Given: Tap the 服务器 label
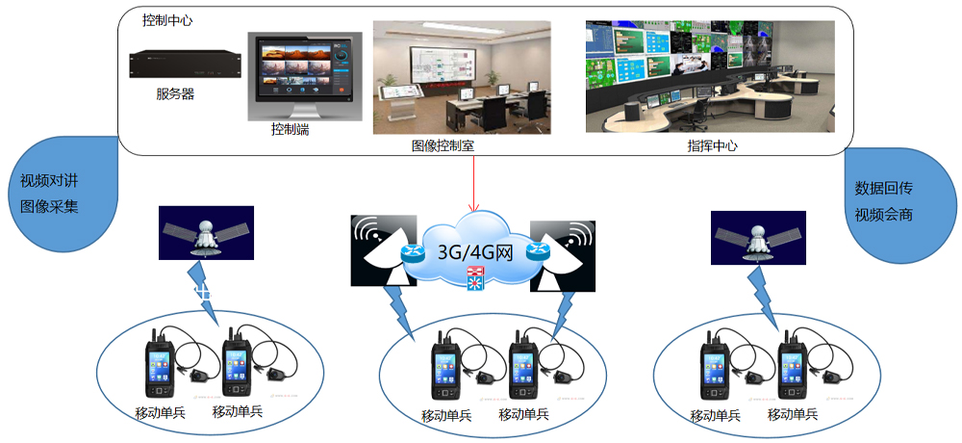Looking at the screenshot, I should tap(175, 94).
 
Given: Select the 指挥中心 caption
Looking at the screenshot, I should tap(712, 146).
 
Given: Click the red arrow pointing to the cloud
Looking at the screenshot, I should tap(472, 183).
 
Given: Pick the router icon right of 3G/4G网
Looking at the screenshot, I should tap(537, 253).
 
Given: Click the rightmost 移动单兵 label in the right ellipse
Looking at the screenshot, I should tap(793, 416).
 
